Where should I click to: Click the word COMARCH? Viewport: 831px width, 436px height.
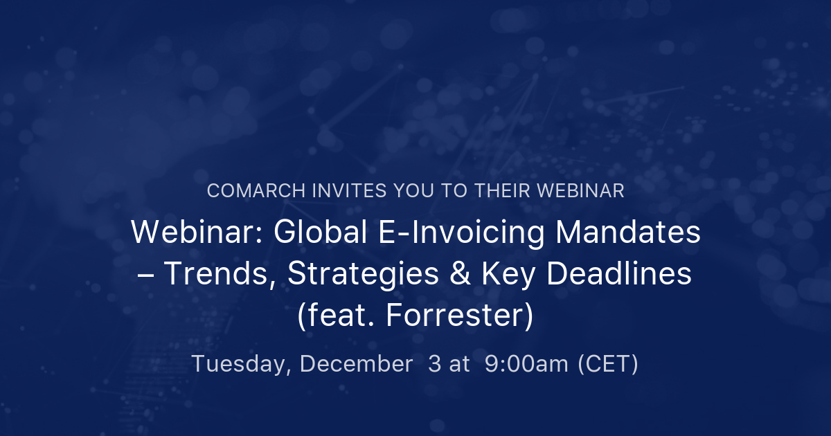pos(250,192)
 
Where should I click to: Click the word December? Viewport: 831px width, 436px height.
pos(356,364)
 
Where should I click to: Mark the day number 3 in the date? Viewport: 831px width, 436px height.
pos(434,364)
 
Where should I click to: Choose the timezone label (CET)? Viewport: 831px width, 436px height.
pos(608,364)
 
